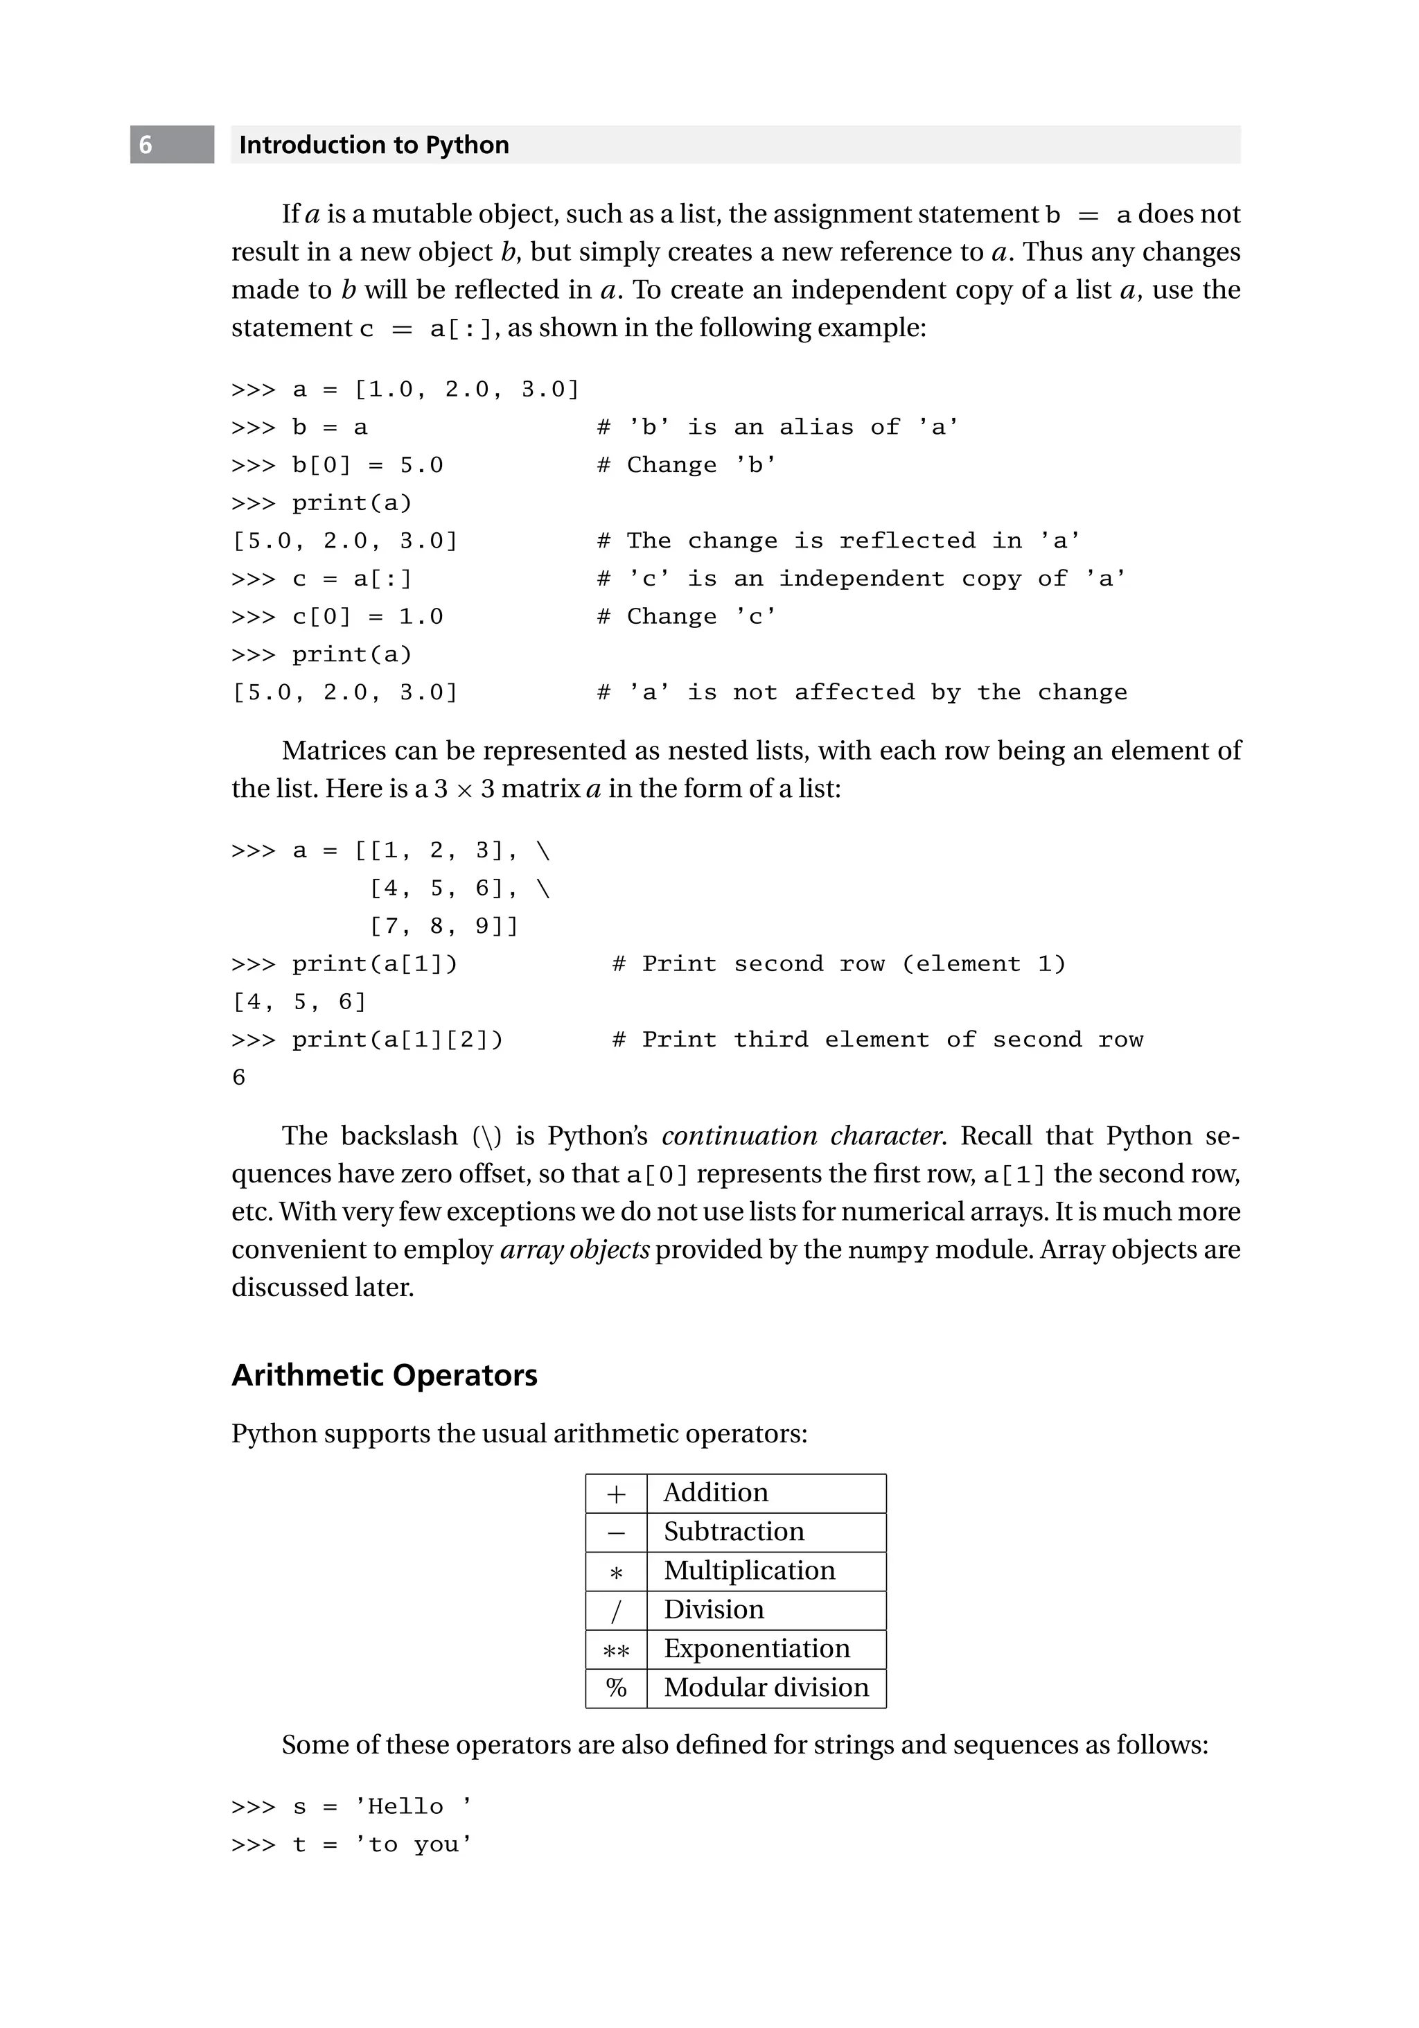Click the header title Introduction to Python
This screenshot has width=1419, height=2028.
click(373, 145)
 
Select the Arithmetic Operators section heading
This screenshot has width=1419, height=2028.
click(384, 1375)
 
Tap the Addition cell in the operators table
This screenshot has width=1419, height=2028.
click(715, 1493)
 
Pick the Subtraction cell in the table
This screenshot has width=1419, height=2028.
click(734, 1532)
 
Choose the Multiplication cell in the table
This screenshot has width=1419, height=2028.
click(749, 1571)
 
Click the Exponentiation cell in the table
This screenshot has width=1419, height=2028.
click(757, 1648)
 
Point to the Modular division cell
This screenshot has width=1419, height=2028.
click(766, 1687)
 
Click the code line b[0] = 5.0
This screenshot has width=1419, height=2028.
click(367, 466)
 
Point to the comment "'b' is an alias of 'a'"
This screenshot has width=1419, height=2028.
click(777, 428)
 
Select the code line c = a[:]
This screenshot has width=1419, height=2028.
click(351, 579)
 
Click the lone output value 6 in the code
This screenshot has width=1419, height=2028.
click(238, 1078)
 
